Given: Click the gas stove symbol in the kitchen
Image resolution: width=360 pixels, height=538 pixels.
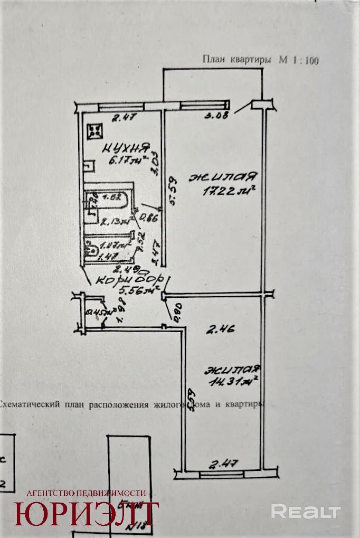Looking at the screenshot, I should [96, 130].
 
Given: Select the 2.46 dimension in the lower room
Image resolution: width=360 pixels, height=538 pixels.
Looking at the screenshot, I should [220, 331].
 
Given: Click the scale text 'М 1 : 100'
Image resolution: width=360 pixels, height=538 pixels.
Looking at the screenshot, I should [299, 60].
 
